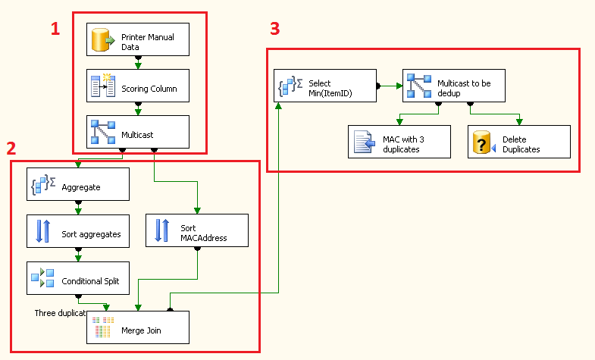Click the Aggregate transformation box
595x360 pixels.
click(x=77, y=184)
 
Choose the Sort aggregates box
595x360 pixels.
click(x=77, y=231)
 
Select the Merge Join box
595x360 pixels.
click(x=136, y=327)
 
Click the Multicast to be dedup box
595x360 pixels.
click(x=453, y=86)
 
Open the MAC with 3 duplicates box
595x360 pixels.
click(x=399, y=142)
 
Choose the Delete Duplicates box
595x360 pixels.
click(x=518, y=142)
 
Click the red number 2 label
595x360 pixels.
click(x=11, y=146)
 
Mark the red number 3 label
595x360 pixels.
click(x=274, y=29)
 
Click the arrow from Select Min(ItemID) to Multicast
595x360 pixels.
click(x=390, y=86)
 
